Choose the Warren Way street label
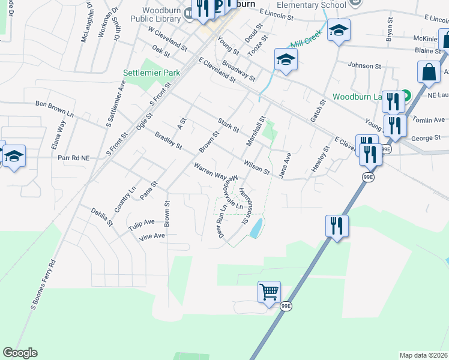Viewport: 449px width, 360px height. pos(209,170)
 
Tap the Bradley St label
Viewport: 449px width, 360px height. pos(168,141)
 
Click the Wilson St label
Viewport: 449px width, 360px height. pos(257,167)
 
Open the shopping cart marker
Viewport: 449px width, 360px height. pos(270,292)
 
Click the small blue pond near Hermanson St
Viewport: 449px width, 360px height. pos(256,227)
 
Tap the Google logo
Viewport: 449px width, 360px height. pos(20,353)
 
